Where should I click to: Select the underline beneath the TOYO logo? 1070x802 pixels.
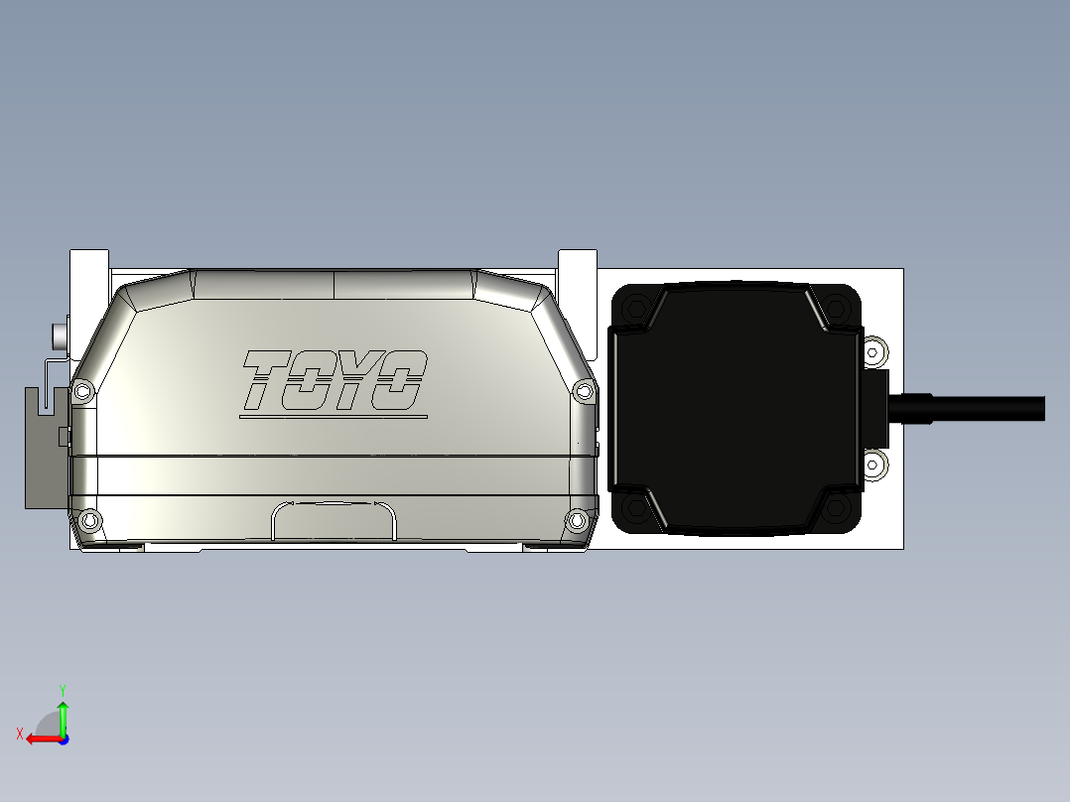(334, 417)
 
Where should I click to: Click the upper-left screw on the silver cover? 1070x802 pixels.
(82, 391)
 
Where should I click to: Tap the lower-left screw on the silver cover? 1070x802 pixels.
(90, 519)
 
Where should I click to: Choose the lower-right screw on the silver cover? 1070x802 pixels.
(576, 519)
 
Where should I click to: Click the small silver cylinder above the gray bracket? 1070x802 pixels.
(60, 335)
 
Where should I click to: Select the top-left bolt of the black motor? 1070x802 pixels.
(635, 310)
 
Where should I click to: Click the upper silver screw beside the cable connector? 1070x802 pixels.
(874, 351)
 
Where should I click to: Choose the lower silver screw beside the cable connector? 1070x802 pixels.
(874, 464)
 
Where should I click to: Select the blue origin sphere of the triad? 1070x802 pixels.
(63, 738)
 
